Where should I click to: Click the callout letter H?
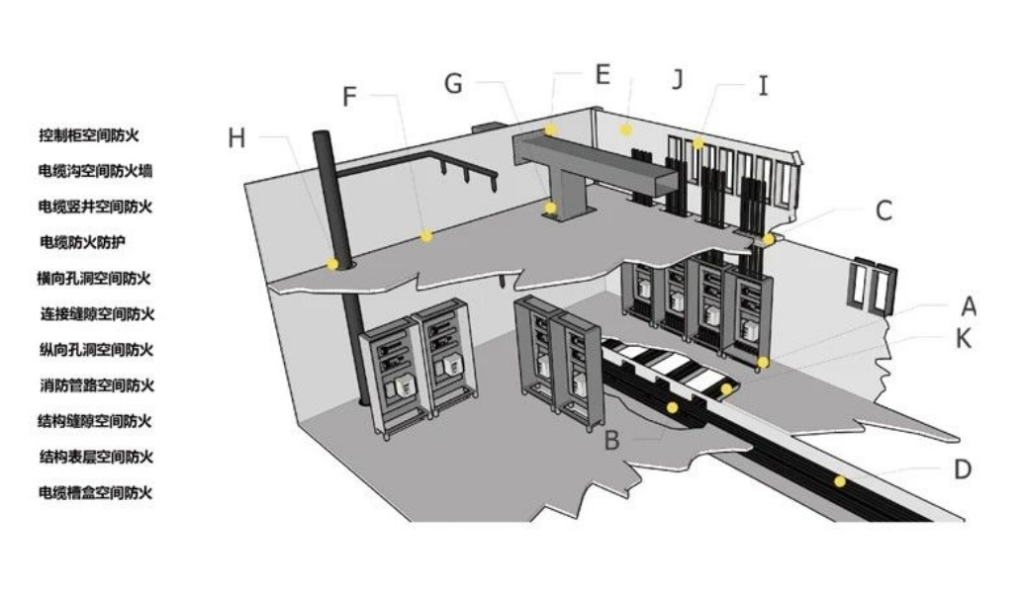tap(236, 138)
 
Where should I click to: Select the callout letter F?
tap(349, 97)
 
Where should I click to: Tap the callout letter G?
tap(453, 83)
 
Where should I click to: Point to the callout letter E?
tap(603, 74)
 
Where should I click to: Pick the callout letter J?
tap(678, 79)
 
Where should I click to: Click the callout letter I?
tap(763, 85)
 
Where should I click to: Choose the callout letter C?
tap(883, 211)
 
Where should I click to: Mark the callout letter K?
tap(963, 339)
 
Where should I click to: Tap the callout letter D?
tap(963, 468)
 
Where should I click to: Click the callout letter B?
tap(611, 440)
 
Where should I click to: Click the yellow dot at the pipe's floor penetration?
tap(333, 264)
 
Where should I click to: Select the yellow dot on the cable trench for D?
tap(840, 481)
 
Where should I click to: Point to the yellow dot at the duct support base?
tap(551, 208)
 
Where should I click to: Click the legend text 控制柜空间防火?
tap(89, 135)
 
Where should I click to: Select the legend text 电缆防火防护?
tap(82, 242)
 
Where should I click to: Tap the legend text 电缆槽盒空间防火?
tap(95, 492)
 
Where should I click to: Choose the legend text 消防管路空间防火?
tap(97, 385)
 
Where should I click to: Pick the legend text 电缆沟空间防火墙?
tap(95, 171)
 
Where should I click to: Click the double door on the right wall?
tap(872, 286)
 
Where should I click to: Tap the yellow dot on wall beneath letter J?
tap(625, 130)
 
